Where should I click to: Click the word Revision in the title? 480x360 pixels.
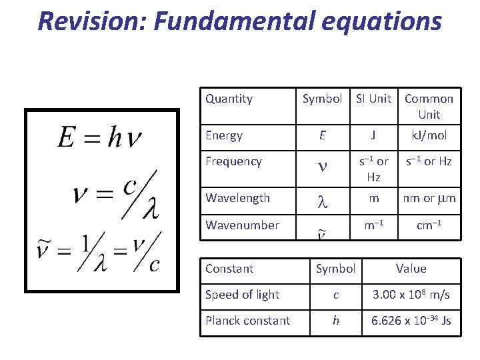click(x=91, y=21)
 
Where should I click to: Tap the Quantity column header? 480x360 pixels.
click(x=229, y=99)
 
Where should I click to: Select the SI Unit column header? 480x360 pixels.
click(x=373, y=99)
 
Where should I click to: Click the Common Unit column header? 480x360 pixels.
click(x=429, y=106)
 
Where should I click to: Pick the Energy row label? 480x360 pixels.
click(x=224, y=135)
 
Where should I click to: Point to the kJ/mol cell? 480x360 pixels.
click(x=429, y=135)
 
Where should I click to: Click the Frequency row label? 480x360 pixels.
click(x=233, y=161)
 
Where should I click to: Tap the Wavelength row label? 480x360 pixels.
click(x=237, y=198)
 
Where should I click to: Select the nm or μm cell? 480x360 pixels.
click(x=429, y=198)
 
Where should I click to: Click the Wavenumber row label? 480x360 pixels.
click(x=242, y=225)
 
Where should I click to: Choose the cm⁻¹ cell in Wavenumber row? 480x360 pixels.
click(x=429, y=225)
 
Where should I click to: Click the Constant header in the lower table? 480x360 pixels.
click(x=229, y=269)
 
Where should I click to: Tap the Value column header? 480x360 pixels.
click(x=411, y=269)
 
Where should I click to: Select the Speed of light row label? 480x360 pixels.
click(x=242, y=295)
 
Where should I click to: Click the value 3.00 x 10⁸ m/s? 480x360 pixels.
click(x=411, y=295)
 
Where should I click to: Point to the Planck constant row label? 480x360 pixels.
click(x=247, y=321)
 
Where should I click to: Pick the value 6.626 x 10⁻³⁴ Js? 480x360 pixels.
click(x=411, y=321)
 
